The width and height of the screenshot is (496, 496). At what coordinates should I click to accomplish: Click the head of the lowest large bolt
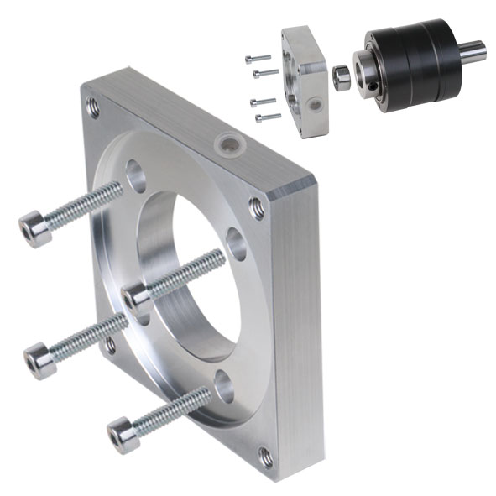click(123, 435)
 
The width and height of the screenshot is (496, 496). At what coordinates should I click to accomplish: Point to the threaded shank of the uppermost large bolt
click(84, 206)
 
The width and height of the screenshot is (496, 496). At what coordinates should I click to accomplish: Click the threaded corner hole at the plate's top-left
click(92, 107)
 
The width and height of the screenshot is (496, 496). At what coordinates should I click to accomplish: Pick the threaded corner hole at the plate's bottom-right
click(265, 457)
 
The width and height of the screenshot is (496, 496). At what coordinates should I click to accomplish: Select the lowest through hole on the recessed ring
click(223, 387)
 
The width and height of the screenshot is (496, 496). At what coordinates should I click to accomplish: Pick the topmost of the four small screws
click(258, 58)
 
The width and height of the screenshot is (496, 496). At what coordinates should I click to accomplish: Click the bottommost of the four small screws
click(268, 117)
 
